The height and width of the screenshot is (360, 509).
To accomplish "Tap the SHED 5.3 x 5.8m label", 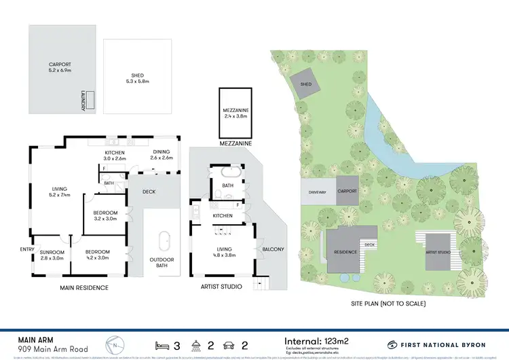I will (137, 78).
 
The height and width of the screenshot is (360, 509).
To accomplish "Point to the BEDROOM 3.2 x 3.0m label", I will (105, 216).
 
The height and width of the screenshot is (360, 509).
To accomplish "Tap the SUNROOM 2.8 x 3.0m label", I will (51, 255).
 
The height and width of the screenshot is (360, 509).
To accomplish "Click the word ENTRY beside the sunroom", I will (26, 249).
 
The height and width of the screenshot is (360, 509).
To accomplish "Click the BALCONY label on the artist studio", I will (274, 249).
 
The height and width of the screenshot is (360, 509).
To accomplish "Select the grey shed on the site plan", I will (305, 85).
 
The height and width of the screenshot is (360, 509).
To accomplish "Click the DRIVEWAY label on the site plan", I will (318, 192).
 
